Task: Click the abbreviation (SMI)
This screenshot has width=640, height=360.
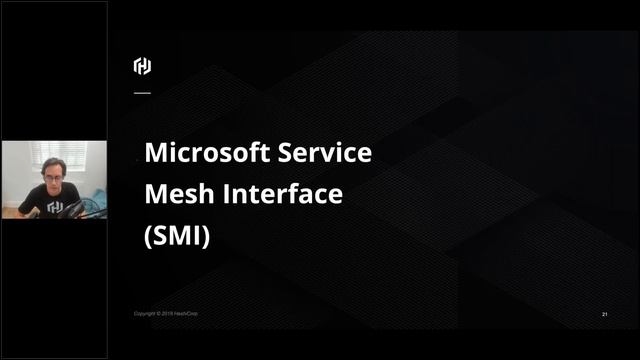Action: pyautogui.click(x=177, y=237)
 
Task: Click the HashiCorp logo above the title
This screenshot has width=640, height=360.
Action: pyautogui.click(x=142, y=67)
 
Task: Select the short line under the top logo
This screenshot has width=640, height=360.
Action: pyautogui.click(x=142, y=92)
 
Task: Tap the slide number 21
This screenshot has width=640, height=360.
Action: pyautogui.click(x=605, y=314)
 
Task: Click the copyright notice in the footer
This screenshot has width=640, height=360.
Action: pyautogui.click(x=166, y=314)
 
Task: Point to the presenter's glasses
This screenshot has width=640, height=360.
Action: pyautogui.click(x=52, y=177)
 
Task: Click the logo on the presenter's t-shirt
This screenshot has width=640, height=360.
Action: pyautogui.click(x=54, y=208)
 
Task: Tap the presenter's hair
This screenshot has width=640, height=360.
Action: pyautogui.click(x=52, y=164)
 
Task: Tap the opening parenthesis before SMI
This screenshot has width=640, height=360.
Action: pyautogui.click(x=148, y=238)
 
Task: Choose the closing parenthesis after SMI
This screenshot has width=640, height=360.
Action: pyautogui.click(x=206, y=238)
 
